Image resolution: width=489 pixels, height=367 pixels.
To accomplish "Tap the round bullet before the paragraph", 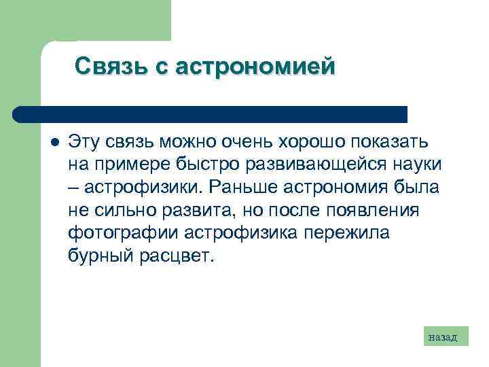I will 54,142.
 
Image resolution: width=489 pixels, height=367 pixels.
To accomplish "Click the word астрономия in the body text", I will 340,188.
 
